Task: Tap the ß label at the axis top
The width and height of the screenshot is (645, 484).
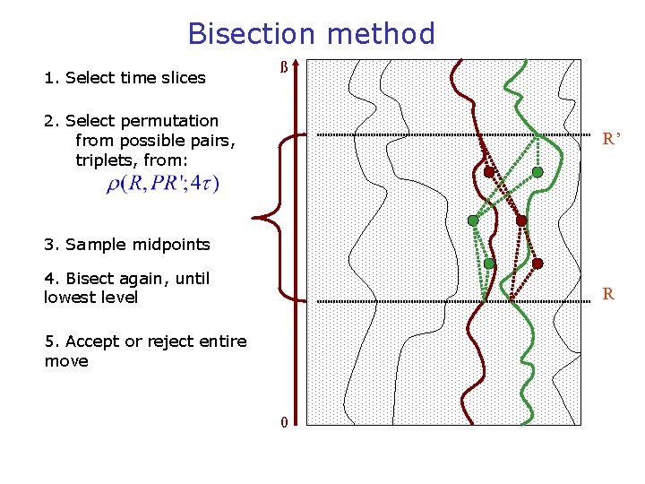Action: pyautogui.click(x=284, y=68)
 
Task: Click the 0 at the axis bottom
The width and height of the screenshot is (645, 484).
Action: pyautogui.click(x=283, y=422)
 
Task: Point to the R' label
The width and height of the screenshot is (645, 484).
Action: pyautogui.click(x=612, y=139)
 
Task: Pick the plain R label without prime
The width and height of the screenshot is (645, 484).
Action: pyautogui.click(x=608, y=293)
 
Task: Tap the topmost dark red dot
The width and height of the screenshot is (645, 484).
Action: pyautogui.click(x=489, y=172)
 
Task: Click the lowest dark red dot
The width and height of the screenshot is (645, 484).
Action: pyautogui.click(x=537, y=264)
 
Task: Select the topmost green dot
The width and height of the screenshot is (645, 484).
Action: pyautogui.click(x=537, y=172)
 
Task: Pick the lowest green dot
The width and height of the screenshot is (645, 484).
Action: pyautogui.click(x=489, y=264)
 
